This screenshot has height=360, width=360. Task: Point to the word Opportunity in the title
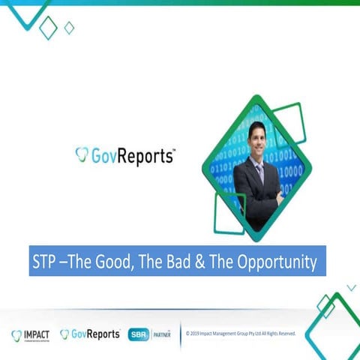[276, 262]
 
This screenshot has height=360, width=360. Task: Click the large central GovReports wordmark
[132, 155]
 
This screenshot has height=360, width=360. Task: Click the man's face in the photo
[258, 138]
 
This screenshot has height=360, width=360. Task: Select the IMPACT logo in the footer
[31, 334]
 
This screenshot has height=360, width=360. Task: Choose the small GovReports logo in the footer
[90, 334]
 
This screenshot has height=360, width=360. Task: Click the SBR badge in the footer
[138, 334]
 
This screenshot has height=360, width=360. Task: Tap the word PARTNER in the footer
[163, 334]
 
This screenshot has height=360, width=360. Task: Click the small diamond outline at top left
[69, 28]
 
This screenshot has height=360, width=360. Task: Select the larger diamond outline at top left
[48, 28]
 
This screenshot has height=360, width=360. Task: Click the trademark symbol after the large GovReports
[174, 150]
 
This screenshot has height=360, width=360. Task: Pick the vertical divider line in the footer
[180, 334]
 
